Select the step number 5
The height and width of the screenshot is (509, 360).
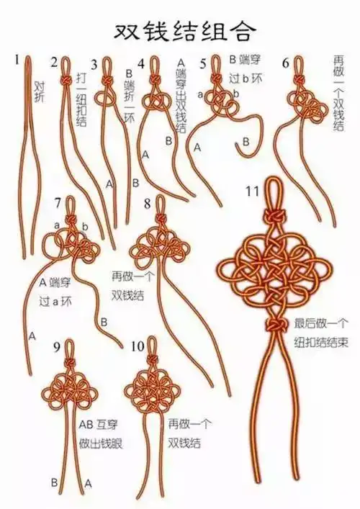[x=203, y=63]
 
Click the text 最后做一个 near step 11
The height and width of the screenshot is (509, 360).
[x=320, y=323]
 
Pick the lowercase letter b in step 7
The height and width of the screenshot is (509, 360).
[x=84, y=228]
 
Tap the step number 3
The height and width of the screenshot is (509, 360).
[x=94, y=64]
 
